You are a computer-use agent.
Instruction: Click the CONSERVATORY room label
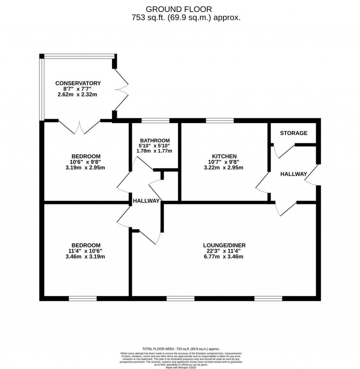78,83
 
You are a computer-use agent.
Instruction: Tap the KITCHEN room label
224,156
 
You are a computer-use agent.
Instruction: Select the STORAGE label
294,133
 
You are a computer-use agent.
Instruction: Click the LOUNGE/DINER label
224,245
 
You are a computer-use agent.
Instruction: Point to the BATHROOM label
154,140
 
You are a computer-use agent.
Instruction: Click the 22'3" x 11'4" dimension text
224,251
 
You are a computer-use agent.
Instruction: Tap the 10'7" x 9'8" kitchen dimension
224,162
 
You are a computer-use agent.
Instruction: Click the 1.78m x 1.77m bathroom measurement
154,151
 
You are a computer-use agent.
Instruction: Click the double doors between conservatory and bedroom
80,127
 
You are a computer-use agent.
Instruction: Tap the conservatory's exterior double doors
122,90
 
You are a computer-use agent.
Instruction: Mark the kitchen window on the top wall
220,121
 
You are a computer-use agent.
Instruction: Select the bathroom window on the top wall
155,121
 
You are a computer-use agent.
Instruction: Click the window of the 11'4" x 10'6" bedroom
83,298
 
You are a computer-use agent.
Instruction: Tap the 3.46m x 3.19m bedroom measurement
86,257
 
